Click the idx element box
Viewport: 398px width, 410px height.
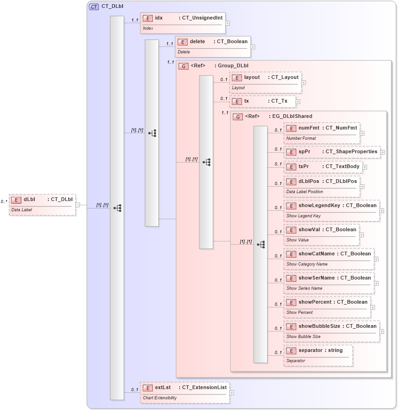click(x=183, y=23)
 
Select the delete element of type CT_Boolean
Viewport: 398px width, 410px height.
click(x=213, y=46)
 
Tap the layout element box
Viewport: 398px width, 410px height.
click(x=265, y=82)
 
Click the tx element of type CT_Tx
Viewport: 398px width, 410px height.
click(x=262, y=101)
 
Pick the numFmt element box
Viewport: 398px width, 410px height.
click(x=322, y=132)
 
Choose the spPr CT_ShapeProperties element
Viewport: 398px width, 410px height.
click(x=332, y=152)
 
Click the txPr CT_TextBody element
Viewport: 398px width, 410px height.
click(x=323, y=167)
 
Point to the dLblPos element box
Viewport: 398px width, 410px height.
click(x=322, y=186)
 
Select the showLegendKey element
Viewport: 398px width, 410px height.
click(x=332, y=210)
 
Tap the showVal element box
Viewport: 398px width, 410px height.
click(x=321, y=234)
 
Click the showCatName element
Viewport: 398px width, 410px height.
click(x=329, y=258)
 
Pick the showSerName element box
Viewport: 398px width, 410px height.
click(x=329, y=282)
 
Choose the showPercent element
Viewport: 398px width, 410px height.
click(x=327, y=306)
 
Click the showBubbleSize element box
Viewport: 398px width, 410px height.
click(x=332, y=331)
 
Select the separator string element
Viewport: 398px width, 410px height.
click(x=318, y=355)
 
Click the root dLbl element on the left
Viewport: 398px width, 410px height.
click(x=42, y=204)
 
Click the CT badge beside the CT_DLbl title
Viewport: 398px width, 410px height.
click(x=94, y=7)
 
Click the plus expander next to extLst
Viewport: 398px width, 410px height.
click(x=232, y=392)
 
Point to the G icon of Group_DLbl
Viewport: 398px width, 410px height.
click(x=184, y=66)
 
